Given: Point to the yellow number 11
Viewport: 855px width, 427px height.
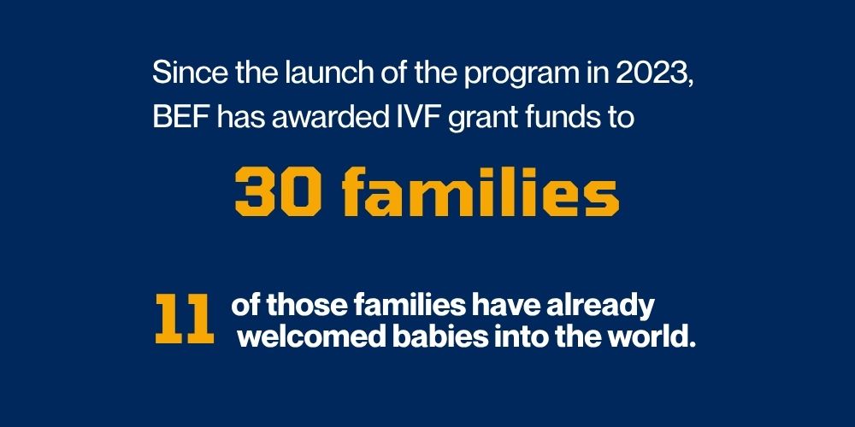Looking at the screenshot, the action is [x=185, y=319].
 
